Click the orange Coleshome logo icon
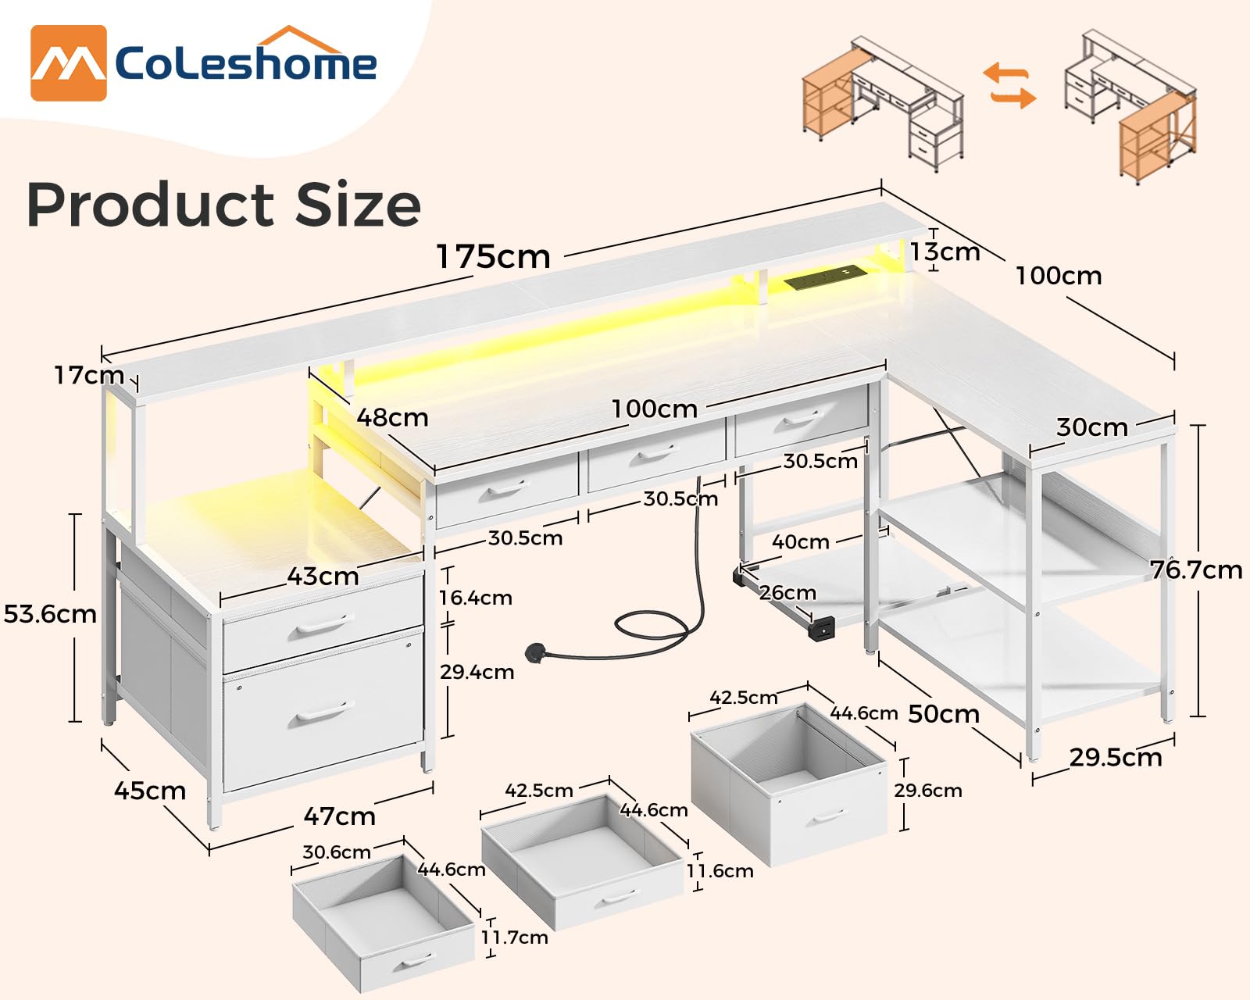coord(68,63)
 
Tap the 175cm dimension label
coord(493,256)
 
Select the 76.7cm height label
coord(1195,570)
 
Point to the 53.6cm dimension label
coord(50,614)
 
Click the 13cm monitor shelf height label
coord(945,252)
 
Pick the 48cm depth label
coord(392,417)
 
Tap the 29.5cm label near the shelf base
coord(1115,757)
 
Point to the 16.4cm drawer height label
coord(475,598)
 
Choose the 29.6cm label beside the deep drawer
coord(927,790)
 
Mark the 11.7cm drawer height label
coord(514,937)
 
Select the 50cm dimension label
coord(943,714)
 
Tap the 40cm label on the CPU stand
coord(800,541)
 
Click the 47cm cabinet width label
coord(339,816)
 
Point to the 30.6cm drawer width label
coord(336,852)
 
